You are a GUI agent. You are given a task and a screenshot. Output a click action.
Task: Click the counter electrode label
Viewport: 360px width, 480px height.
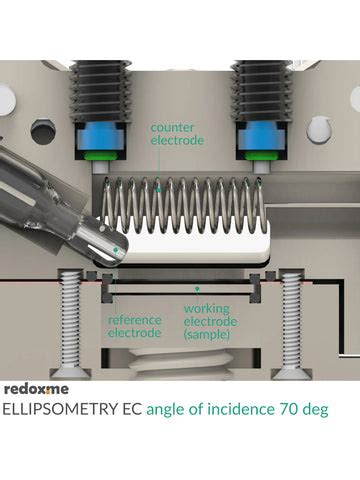coord(177,134)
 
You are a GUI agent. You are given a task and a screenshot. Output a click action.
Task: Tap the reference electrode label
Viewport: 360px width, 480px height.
coord(135,326)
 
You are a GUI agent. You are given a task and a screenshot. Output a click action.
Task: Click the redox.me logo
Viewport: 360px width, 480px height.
coord(36,389)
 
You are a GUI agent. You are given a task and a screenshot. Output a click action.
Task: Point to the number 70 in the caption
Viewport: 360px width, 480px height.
coord(290,409)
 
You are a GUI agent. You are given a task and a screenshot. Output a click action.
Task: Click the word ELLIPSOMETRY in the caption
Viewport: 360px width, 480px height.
coord(60,409)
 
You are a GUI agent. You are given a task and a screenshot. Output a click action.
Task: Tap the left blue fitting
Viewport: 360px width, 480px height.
coord(100,137)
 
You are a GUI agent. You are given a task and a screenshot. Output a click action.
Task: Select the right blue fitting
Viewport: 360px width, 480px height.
coord(262,137)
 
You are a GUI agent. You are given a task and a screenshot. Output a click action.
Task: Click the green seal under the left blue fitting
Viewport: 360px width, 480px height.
coord(100,156)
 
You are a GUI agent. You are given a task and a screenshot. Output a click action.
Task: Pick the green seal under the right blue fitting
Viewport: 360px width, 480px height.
coord(262,155)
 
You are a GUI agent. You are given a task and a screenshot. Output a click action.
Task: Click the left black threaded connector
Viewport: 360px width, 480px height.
coord(99,91)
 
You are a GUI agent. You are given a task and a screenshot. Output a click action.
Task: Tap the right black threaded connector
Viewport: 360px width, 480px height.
coord(262,91)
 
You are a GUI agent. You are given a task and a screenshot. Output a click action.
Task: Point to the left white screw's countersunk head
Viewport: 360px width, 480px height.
coord(70,373)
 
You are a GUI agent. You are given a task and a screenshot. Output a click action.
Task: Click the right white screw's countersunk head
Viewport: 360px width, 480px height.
coord(292,373)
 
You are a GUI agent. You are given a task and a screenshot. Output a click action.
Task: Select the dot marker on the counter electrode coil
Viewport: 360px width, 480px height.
coord(159,189)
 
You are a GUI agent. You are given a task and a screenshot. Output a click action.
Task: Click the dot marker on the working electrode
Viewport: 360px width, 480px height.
coord(197,287)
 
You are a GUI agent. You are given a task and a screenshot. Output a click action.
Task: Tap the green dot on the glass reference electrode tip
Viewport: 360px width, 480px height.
coord(115,249)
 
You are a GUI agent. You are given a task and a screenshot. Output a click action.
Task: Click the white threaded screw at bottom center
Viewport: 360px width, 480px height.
coord(182,364)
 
